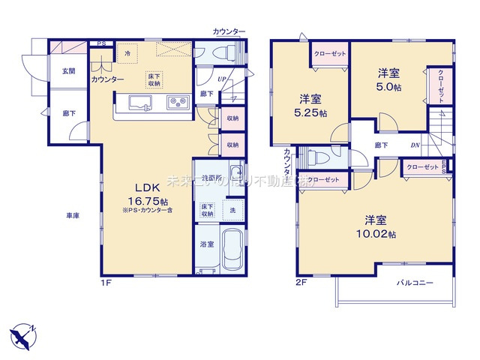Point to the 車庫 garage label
[x=73, y=216]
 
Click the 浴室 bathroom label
[x=206, y=245]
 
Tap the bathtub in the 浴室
[x=230, y=250]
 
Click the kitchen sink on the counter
[x=140, y=103]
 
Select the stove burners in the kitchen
[x=177, y=101]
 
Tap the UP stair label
[x=222, y=79]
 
